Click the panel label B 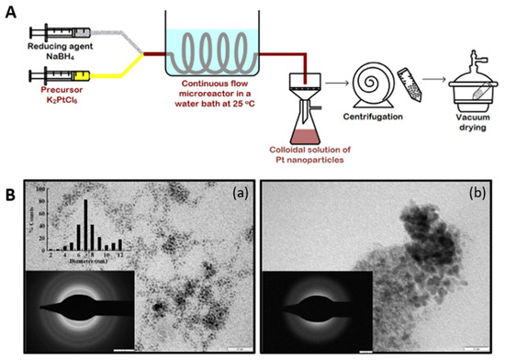9,196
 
